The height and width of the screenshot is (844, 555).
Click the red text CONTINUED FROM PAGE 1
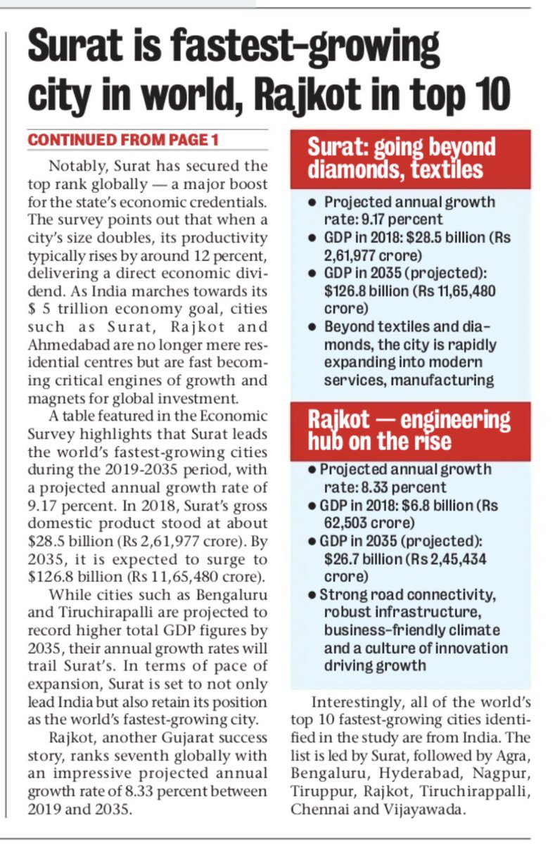pyautogui.click(x=123, y=140)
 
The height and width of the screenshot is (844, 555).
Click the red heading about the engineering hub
pyautogui.click(x=410, y=430)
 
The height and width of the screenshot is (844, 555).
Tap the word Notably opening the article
pyautogui.click(x=76, y=167)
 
